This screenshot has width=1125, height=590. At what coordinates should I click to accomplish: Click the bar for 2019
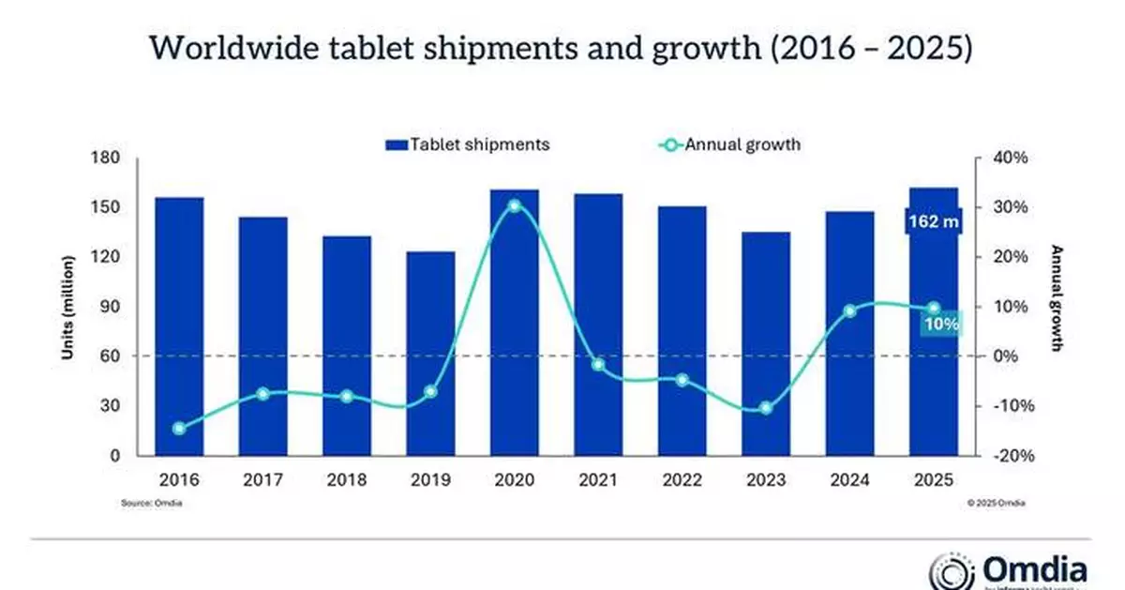(x=430, y=354)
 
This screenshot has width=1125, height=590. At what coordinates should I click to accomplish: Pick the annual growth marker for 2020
(x=515, y=205)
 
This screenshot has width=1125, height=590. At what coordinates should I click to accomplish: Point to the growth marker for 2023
(x=766, y=408)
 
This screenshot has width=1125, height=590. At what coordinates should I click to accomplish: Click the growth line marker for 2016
(x=179, y=429)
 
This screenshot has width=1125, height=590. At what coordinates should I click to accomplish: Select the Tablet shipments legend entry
(x=466, y=144)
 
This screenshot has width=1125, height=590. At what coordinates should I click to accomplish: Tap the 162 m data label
(x=932, y=222)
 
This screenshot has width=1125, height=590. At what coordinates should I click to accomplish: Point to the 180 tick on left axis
(x=107, y=158)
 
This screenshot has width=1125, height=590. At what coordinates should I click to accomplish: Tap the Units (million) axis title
(x=67, y=307)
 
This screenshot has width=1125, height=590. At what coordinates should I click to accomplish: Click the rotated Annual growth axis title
(x=1057, y=298)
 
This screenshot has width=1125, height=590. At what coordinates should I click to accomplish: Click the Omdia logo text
(x=1034, y=568)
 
